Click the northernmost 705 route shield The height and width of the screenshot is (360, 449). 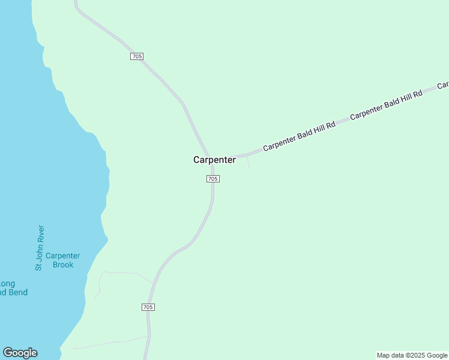coord(136,56)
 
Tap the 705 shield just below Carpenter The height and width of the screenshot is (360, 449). coord(213,179)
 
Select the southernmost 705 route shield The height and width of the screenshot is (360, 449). coord(149,307)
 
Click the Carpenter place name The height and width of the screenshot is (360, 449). coord(214,160)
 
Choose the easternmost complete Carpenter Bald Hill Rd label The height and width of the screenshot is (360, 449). coord(386,104)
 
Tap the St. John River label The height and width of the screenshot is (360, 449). coord(40,248)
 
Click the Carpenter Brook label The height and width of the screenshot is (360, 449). coord(62,260)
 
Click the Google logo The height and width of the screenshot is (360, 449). coord(20,353)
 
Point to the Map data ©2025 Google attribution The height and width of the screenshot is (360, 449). coord(412,355)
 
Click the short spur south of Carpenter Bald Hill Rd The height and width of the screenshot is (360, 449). coord(248,163)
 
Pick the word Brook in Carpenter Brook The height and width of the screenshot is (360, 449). coord(63,265)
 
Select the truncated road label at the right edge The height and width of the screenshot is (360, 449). coord(443,85)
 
